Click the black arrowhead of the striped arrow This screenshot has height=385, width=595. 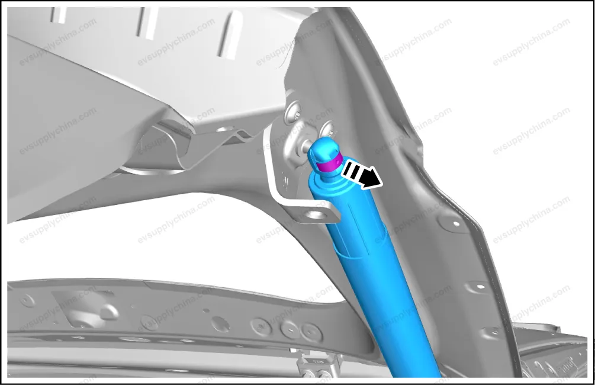pos(371,178)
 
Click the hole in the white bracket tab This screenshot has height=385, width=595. pos(318,215)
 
